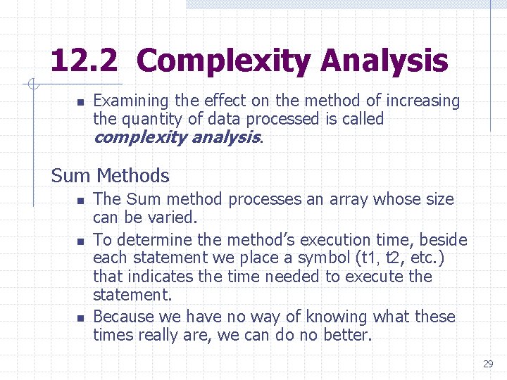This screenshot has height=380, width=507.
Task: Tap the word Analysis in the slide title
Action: (384, 61)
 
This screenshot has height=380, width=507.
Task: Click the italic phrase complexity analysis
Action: (176, 137)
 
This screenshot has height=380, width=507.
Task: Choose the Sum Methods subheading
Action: (111, 175)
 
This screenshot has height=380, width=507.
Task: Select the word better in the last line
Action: (346, 335)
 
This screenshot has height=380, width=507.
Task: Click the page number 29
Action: (488, 364)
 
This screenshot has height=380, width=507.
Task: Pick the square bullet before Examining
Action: (80, 103)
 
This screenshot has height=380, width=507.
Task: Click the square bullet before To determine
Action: (80, 241)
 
